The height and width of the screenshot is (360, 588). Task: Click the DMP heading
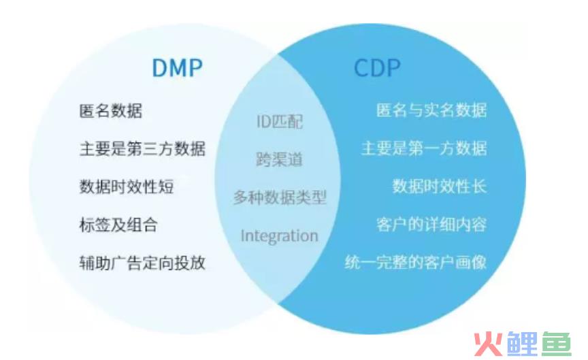point(178,68)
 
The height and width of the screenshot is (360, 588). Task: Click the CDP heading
point(377,68)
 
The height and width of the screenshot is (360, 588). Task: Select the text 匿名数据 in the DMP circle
point(111,111)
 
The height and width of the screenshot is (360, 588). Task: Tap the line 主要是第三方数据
point(142,149)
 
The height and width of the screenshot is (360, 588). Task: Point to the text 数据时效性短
point(127,186)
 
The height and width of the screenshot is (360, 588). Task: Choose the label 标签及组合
point(118,225)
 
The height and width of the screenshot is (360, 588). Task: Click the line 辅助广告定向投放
point(142,263)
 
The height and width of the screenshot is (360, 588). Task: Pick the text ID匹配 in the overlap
point(280,122)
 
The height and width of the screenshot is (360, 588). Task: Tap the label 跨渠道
point(280,160)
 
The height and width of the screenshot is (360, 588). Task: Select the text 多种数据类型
point(280,197)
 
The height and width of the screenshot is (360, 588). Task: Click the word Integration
point(280,236)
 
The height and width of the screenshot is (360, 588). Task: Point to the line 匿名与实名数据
point(431,111)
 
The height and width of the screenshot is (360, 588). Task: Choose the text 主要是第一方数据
point(424,148)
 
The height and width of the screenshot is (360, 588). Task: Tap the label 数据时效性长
point(440,186)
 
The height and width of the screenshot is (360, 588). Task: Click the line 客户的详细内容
point(431,225)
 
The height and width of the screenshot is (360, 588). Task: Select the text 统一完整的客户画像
point(416,263)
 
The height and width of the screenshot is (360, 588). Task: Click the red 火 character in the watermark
point(487,344)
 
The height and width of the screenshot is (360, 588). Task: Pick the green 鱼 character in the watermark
point(557,343)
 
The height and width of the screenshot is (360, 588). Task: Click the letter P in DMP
point(195,68)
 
